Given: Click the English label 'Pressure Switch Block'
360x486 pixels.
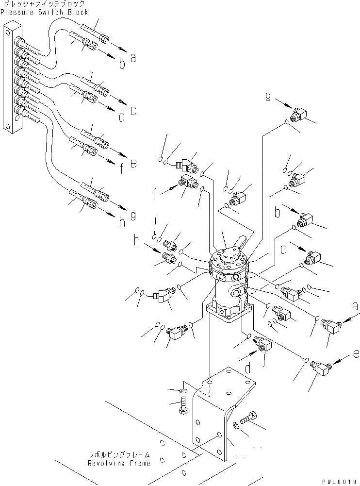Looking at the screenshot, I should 45,12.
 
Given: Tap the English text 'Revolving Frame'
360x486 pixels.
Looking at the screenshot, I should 119,463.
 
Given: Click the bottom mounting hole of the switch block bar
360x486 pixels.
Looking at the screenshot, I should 8,127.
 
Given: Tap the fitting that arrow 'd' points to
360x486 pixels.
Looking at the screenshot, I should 263,346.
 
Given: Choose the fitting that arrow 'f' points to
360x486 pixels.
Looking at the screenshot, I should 187,183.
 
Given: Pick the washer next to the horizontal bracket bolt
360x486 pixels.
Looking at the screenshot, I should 235,425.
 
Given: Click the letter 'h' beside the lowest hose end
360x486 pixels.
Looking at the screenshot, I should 122,222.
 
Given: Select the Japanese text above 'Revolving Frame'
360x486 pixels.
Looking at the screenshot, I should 119,455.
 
